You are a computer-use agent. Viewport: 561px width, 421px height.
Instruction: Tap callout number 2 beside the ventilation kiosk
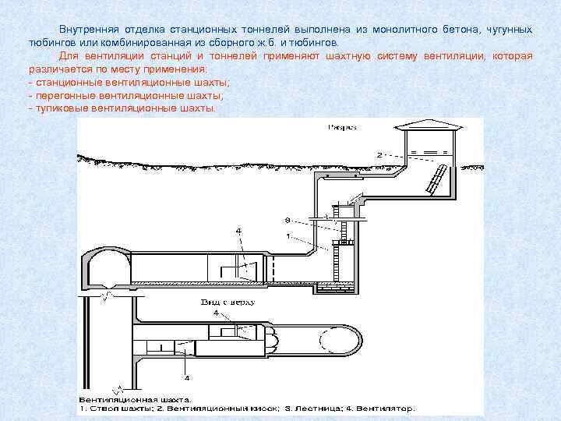pos(379,155)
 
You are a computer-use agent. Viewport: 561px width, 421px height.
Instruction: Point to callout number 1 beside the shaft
pos(288,235)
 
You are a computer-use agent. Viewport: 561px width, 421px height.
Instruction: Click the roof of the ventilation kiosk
pos(425,126)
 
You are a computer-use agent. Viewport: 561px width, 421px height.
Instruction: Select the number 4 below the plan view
pos(187,377)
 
